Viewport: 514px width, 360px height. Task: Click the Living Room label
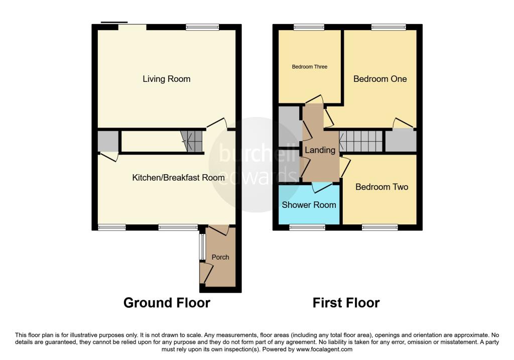tap(166, 79)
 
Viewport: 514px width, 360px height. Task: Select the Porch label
tap(220, 257)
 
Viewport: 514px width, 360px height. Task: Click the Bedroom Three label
tap(310, 67)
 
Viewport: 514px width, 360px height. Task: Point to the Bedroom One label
tap(380, 79)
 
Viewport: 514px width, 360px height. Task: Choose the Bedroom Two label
tap(381, 187)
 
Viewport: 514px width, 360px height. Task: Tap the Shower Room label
tap(309, 205)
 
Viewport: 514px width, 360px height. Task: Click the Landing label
tap(320, 150)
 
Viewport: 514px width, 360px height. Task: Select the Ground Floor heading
tap(167, 303)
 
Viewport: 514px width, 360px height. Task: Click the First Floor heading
tap(346, 303)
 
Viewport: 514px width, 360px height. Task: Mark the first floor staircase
tap(361, 141)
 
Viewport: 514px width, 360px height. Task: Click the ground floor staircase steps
tap(193, 141)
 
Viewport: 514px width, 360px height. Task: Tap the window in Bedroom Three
tap(308, 27)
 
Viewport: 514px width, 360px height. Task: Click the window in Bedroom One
tap(389, 27)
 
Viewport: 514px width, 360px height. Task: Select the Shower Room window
tap(307, 227)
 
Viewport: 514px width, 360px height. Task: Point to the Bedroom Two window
tap(379, 227)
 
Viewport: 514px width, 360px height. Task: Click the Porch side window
tap(202, 246)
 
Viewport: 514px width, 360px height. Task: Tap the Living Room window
tap(202, 27)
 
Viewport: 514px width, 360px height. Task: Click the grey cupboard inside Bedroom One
tap(401, 141)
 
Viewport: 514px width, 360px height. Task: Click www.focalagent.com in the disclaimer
tap(324, 349)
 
